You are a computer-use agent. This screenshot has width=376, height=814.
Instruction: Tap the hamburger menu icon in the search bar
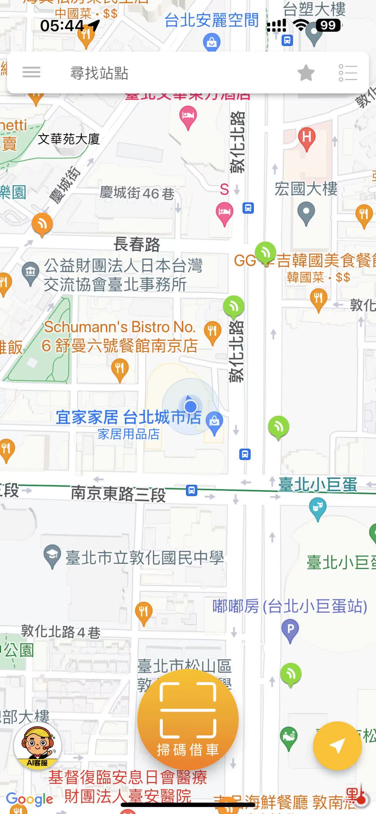(31, 72)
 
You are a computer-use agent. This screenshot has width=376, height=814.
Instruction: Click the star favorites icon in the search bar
(306, 73)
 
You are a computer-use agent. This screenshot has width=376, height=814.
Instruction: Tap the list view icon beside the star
(348, 73)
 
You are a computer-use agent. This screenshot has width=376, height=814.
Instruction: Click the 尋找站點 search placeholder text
(99, 73)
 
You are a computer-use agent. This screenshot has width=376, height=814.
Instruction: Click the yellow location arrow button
(337, 746)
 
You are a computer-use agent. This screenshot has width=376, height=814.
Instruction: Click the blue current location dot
(190, 406)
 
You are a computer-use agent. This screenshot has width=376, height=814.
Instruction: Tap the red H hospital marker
(306, 138)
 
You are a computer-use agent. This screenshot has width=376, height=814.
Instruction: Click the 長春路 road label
(137, 244)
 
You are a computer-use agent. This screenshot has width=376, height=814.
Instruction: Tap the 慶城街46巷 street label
(137, 193)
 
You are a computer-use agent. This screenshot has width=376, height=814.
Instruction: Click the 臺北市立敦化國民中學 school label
(145, 558)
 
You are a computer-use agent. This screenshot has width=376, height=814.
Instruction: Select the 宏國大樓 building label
(306, 189)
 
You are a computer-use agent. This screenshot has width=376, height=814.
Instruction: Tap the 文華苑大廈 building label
(69, 139)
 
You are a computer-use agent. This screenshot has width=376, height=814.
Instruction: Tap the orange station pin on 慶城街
(42, 224)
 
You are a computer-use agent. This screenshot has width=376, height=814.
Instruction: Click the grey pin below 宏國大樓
(306, 213)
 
